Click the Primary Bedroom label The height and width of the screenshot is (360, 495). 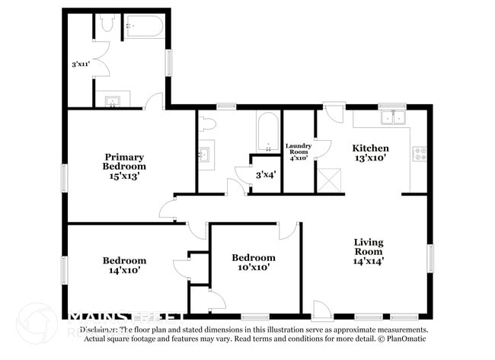(x=124, y=161)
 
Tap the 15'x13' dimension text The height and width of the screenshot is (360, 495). (x=124, y=175)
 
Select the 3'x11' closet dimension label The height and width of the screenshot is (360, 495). (x=80, y=64)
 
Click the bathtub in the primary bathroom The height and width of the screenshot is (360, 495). (x=144, y=27)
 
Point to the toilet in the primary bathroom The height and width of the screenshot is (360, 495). (x=107, y=24)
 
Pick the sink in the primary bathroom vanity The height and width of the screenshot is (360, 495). (x=112, y=100)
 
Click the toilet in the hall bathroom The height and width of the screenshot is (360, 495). (x=207, y=123)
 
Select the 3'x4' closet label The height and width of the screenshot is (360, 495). (x=264, y=175)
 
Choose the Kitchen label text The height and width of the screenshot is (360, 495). (x=370, y=148)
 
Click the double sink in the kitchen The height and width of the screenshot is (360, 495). (x=392, y=117)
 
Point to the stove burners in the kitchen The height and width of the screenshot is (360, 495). (x=419, y=155)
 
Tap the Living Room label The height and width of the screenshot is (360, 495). (x=369, y=247)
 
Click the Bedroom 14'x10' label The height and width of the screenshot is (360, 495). (x=124, y=264)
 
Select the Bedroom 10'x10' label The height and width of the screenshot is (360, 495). (x=254, y=262)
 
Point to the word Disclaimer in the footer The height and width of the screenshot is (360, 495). (x=99, y=330)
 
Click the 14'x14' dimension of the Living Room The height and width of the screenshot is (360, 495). (x=369, y=260)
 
